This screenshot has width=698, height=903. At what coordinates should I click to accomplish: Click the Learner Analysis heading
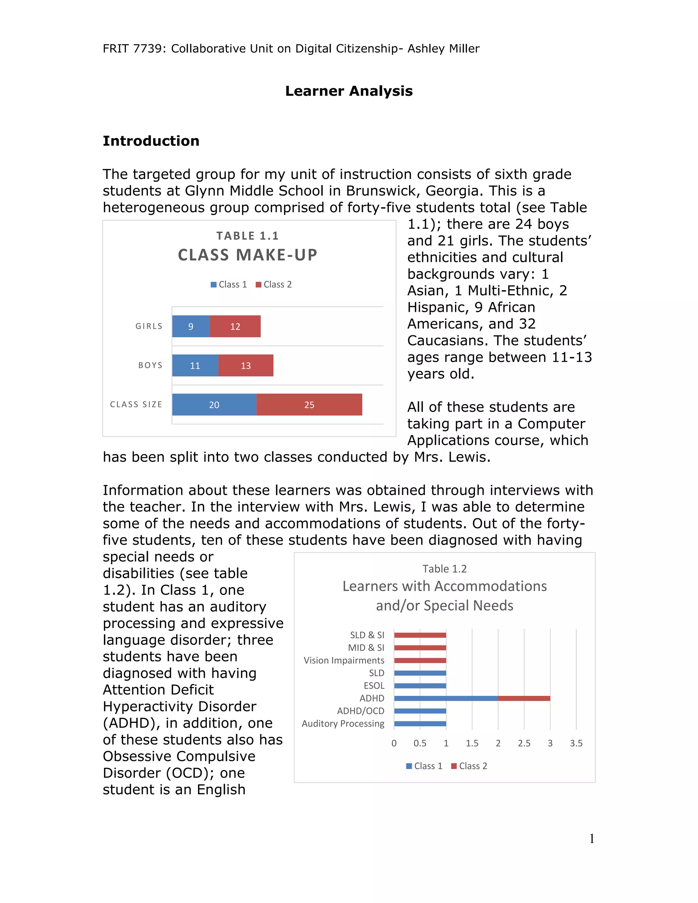click(349, 91)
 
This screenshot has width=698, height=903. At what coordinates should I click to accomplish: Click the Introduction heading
click(151, 141)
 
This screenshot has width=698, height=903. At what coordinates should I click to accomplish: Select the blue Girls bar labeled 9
click(191, 326)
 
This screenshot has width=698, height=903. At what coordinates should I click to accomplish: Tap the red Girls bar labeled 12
click(235, 326)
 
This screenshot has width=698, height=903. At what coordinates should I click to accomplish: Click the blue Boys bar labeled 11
click(195, 366)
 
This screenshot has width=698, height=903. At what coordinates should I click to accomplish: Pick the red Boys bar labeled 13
click(246, 366)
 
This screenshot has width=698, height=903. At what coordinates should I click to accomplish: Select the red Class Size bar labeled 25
click(309, 405)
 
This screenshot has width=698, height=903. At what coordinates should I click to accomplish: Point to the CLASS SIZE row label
click(136, 404)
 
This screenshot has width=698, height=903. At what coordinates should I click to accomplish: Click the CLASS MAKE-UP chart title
click(247, 255)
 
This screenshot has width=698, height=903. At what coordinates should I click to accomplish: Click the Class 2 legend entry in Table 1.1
click(274, 285)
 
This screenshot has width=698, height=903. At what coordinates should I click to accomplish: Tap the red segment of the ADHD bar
click(523, 698)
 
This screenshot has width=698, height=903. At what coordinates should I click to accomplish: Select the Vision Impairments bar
click(420, 660)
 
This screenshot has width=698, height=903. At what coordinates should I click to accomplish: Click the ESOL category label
click(374, 686)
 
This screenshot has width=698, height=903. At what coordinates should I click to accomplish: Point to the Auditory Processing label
click(343, 723)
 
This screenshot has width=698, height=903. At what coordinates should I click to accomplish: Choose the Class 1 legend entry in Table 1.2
click(424, 766)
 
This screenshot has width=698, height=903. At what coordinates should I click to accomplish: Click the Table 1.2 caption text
click(444, 569)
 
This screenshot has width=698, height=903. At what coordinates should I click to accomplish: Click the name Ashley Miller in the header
click(443, 49)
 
